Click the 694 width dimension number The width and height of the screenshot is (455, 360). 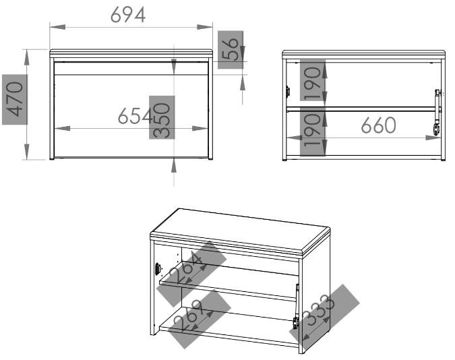(x=128, y=15)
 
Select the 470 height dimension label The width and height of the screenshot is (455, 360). (x=16, y=99)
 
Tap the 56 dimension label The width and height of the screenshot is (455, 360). (x=231, y=50)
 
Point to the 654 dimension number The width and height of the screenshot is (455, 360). (x=135, y=116)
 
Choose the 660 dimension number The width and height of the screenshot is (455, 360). (x=378, y=125)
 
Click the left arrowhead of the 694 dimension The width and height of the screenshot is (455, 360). (x=57, y=27)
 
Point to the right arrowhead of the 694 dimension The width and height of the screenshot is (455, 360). (x=204, y=27)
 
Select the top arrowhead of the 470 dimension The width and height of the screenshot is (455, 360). (x=27, y=57)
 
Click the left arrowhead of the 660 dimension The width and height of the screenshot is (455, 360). (x=294, y=138)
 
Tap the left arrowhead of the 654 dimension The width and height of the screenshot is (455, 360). (x=62, y=128)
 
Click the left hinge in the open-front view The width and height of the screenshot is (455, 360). (x=288, y=92)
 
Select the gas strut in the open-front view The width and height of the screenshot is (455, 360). (x=437, y=113)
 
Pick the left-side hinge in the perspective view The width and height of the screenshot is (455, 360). (x=158, y=269)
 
